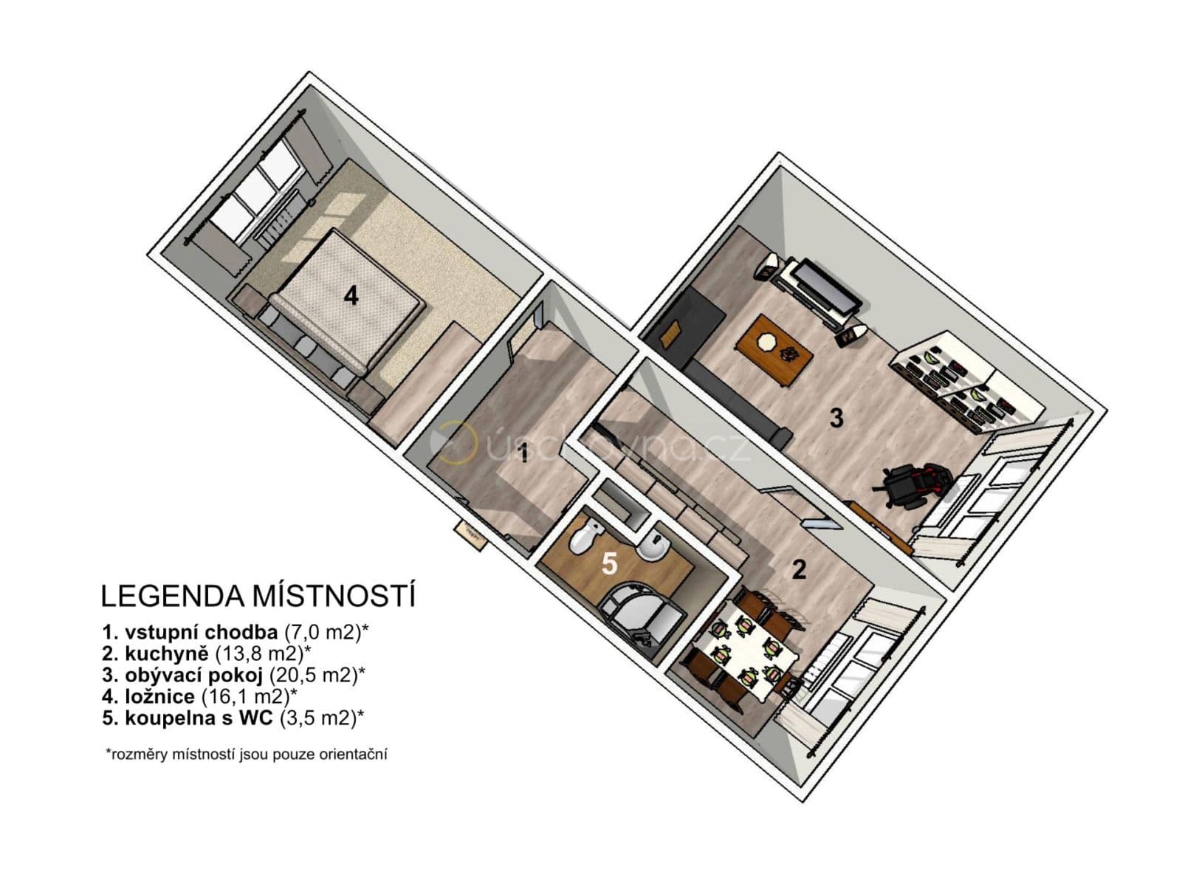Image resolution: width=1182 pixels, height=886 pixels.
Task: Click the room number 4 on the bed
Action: [351, 297]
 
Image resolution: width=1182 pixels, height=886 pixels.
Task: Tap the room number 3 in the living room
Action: [836, 419]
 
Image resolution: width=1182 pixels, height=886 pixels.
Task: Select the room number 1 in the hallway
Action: [523, 453]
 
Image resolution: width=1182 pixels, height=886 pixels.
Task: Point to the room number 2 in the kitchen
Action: [798, 570]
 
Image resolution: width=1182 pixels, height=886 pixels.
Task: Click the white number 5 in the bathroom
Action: [609, 563]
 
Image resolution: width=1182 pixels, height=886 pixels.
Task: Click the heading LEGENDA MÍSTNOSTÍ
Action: [258, 596]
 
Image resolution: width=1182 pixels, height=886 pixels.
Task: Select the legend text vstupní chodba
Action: [201, 632]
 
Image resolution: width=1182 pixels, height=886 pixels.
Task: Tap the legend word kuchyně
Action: [168, 653]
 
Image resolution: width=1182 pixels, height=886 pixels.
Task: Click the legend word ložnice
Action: [160, 696]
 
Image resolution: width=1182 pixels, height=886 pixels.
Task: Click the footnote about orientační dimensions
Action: [247, 755]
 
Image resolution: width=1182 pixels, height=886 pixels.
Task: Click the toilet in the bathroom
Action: [583, 538]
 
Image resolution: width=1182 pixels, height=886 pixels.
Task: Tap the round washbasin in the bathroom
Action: [651, 547]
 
